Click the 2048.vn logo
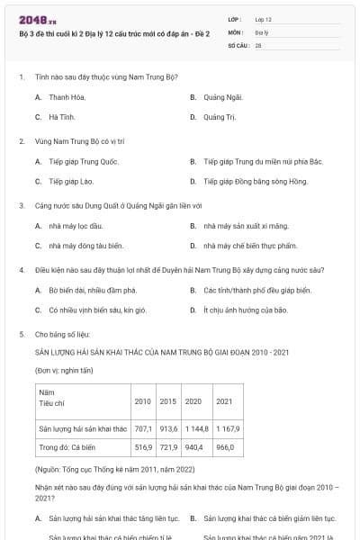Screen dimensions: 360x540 (31, 19)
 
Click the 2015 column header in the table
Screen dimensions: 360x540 (168, 400)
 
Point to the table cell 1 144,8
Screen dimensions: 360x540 (196, 428)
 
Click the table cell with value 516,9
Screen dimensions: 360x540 (143, 446)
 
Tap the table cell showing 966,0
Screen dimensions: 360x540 (225, 446)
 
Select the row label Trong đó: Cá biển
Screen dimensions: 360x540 (67, 446)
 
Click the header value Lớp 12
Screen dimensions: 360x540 (263, 18)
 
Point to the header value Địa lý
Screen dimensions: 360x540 (261, 31)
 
